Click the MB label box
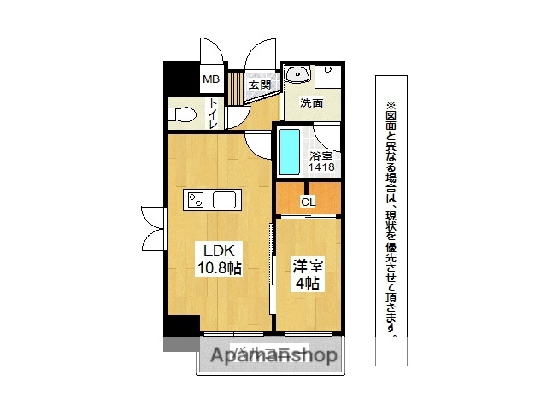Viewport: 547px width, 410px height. (x=211, y=80)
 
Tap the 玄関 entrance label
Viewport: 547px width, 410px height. (x=260, y=85)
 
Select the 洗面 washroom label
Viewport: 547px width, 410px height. (x=312, y=103)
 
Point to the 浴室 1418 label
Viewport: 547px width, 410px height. (x=321, y=162)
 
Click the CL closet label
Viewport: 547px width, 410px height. (x=308, y=202)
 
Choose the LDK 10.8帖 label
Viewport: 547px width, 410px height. (x=221, y=259)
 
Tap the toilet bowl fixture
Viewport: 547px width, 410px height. (x=182, y=114)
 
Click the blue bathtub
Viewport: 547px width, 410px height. (x=291, y=152)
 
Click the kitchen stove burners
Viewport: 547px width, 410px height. (x=196, y=201)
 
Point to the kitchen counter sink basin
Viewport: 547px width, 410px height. (x=225, y=201)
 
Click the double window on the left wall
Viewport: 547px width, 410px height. (x=152, y=220)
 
